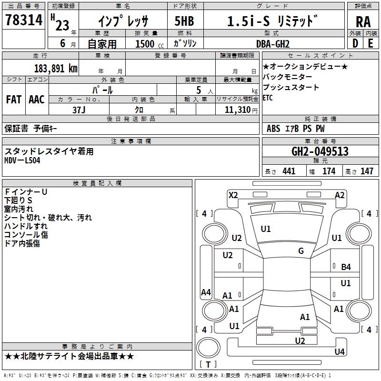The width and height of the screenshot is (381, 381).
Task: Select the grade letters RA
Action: (x=363, y=22)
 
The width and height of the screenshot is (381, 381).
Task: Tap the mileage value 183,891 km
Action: (x=56, y=68)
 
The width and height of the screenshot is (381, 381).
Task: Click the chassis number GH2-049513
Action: (x=320, y=152)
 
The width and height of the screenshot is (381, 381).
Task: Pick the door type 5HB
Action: (x=181, y=21)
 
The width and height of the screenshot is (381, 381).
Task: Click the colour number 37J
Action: (x=79, y=109)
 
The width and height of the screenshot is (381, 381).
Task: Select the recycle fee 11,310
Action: (x=236, y=110)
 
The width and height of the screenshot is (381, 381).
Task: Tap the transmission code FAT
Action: (x=13, y=100)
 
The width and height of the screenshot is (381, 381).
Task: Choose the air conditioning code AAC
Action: (x=37, y=100)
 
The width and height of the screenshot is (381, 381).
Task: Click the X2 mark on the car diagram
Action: (x=233, y=195)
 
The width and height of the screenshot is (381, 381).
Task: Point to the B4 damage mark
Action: (x=346, y=267)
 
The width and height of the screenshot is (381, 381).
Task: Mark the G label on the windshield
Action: (x=301, y=251)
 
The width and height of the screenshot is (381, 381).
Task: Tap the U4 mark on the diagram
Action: (x=339, y=352)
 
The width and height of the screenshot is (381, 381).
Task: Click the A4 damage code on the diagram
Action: (x=206, y=292)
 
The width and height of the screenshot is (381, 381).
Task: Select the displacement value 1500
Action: (x=145, y=44)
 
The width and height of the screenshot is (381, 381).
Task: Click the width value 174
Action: (x=329, y=171)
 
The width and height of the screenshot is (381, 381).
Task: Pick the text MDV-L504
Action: (x=23, y=160)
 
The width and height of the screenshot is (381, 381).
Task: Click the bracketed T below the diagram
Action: (x=208, y=365)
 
